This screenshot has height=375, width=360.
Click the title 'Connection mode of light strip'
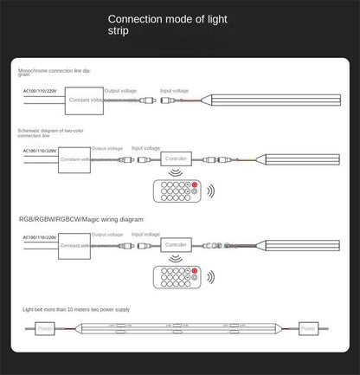click(179, 23)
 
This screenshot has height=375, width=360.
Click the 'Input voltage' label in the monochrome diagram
click(174, 91)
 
